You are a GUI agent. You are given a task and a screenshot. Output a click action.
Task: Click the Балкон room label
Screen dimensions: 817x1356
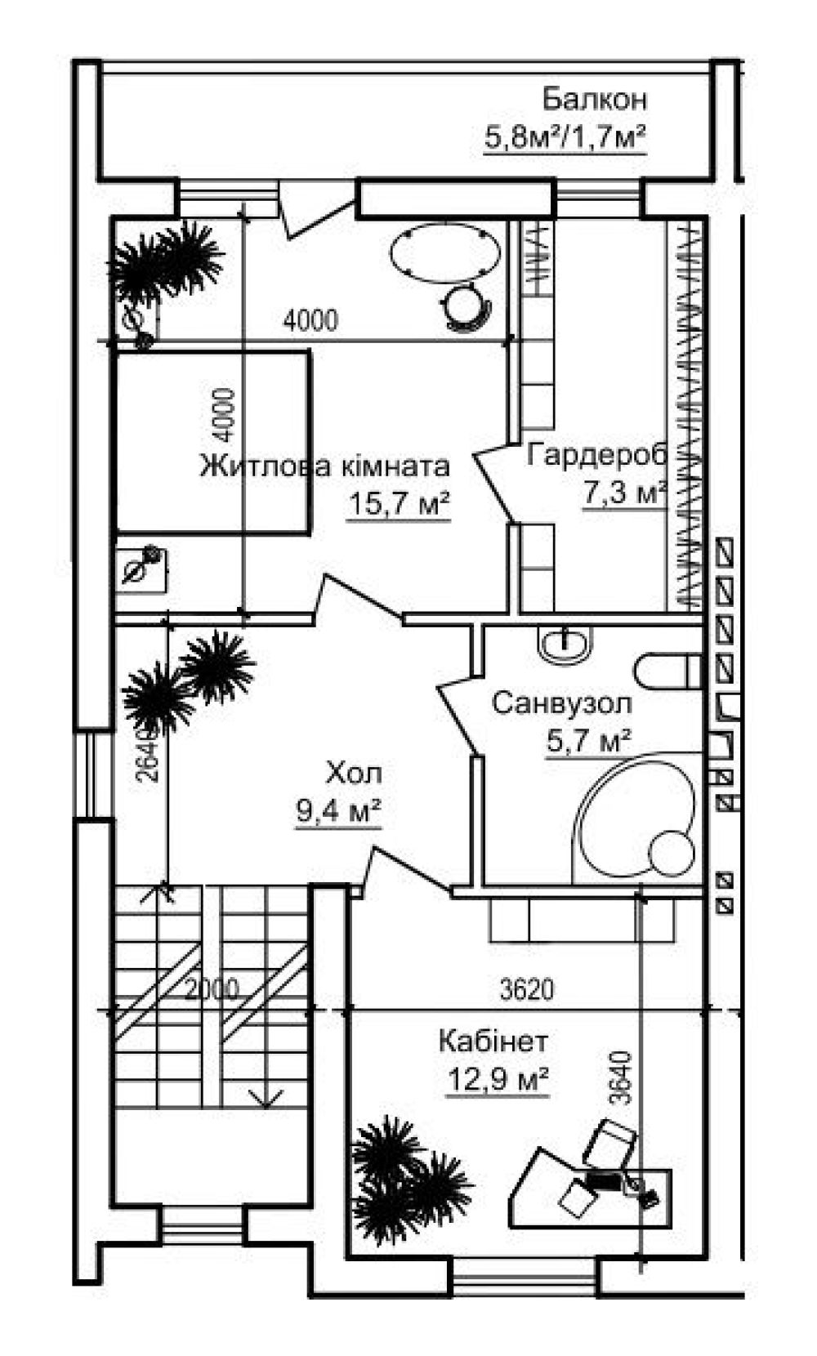(594, 100)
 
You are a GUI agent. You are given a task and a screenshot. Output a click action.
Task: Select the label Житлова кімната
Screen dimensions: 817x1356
(324, 466)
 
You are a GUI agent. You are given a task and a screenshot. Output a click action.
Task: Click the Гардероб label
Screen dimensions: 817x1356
(596, 455)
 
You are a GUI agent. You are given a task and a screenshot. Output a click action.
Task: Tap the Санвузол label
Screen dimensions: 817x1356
(561, 703)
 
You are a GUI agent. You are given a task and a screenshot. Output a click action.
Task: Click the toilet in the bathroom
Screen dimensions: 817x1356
(668, 671)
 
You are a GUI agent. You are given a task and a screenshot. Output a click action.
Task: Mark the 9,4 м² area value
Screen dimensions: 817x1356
(338, 810)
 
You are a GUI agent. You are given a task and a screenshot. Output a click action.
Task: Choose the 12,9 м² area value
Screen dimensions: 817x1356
(498, 1078)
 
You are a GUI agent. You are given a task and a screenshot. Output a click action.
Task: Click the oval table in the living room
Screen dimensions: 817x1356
(445, 253)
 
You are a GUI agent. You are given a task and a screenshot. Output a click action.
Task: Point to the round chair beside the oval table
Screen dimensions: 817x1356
(467, 307)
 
